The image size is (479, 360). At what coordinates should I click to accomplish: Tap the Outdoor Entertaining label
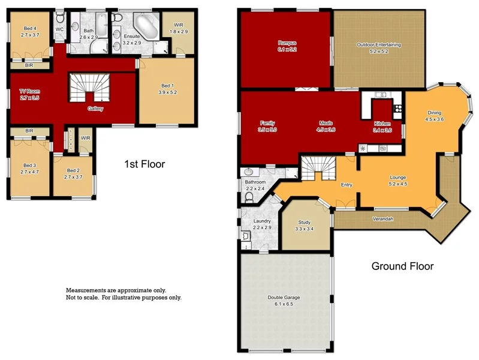point(378,45)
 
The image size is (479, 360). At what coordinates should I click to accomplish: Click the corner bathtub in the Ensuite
point(146,25)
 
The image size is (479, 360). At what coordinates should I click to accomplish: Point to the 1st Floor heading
point(144,164)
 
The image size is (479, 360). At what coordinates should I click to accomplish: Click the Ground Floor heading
point(402,266)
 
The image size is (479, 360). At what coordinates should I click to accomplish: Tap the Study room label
point(305,222)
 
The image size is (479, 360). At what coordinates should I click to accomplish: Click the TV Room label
point(29,91)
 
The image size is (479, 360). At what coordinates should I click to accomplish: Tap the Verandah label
point(382,218)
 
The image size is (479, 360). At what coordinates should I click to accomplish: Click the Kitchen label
point(382,123)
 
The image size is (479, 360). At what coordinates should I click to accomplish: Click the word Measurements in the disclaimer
point(86,289)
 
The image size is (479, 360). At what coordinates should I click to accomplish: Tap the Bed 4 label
point(29,28)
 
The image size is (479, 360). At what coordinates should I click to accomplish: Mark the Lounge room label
point(398,178)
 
